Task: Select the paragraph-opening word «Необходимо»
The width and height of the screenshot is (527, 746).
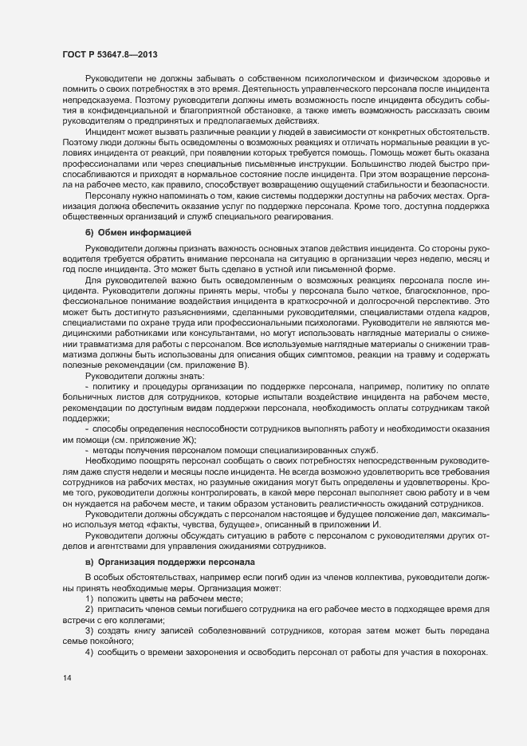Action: [x=112, y=460]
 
